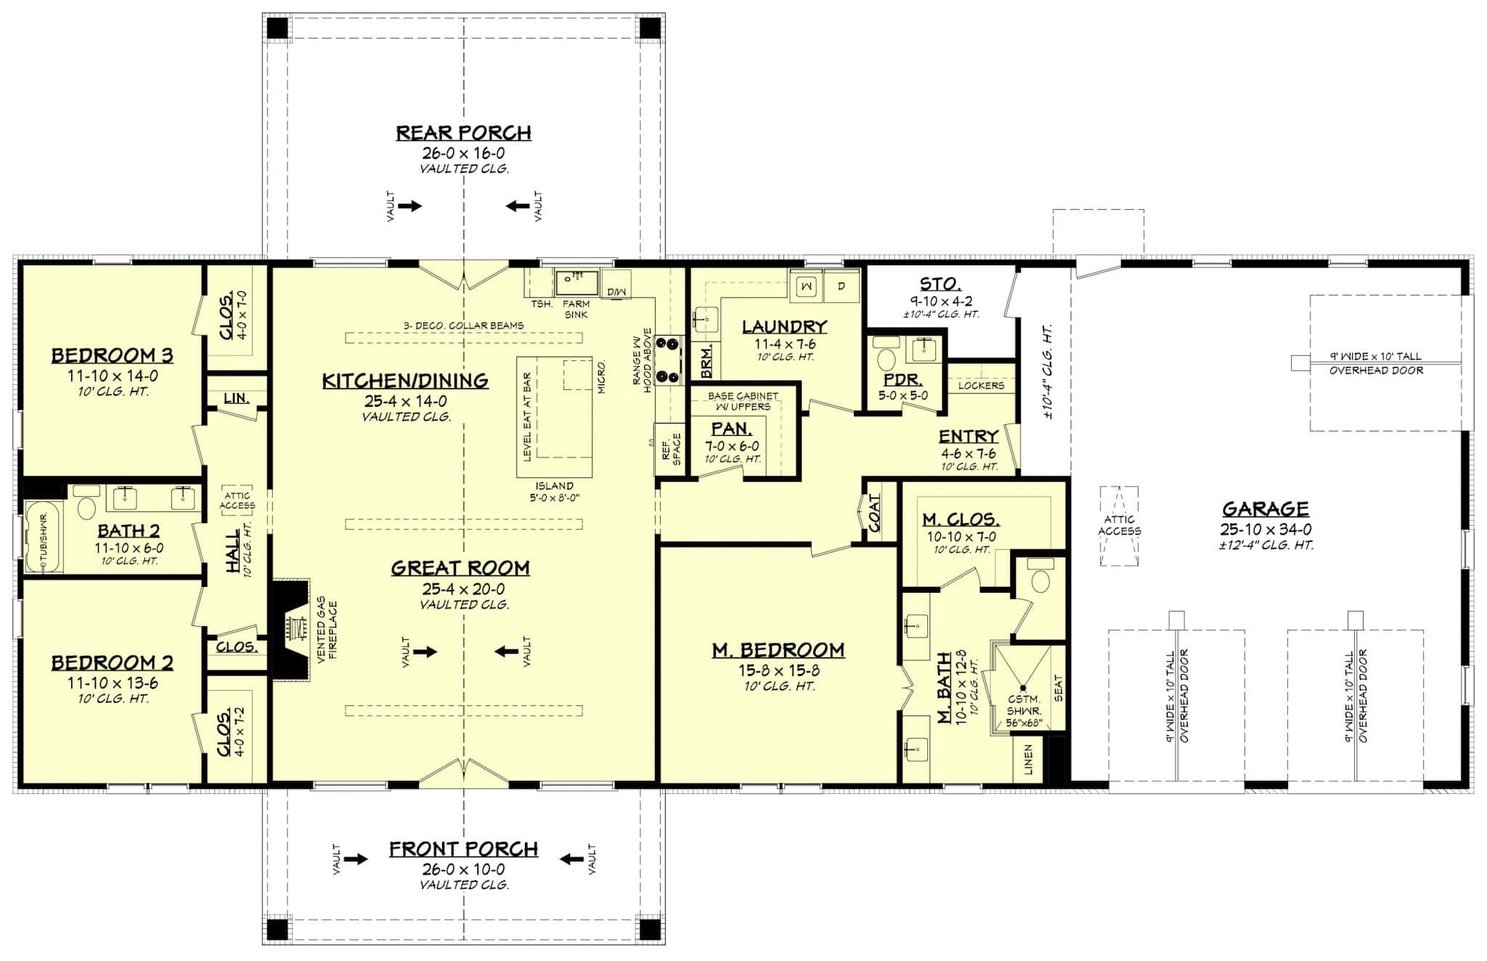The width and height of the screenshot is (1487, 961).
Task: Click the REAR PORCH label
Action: click(x=463, y=133)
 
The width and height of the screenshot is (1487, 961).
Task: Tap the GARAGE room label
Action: click(x=1265, y=508)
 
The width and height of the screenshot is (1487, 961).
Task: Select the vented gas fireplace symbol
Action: click(x=295, y=628)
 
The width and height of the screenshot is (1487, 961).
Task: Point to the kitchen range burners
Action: click(x=667, y=359)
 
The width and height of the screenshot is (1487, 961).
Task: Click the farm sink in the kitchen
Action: click(x=577, y=280)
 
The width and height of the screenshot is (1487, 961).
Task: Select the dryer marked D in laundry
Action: click(x=842, y=285)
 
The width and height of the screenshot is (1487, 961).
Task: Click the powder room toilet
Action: click(x=887, y=359)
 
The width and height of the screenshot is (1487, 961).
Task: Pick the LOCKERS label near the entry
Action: click(x=980, y=386)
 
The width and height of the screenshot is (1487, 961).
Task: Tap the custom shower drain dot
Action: click(x=1023, y=686)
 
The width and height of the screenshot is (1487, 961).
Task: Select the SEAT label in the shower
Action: click(x=1058, y=688)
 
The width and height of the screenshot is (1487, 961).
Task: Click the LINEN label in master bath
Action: click(x=1028, y=760)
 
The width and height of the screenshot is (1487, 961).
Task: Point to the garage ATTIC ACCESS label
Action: click(x=1119, y=525)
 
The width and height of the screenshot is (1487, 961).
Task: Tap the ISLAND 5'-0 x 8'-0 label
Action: click(x=554, y=492)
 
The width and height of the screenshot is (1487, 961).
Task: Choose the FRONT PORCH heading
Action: click(x=463, y=849)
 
